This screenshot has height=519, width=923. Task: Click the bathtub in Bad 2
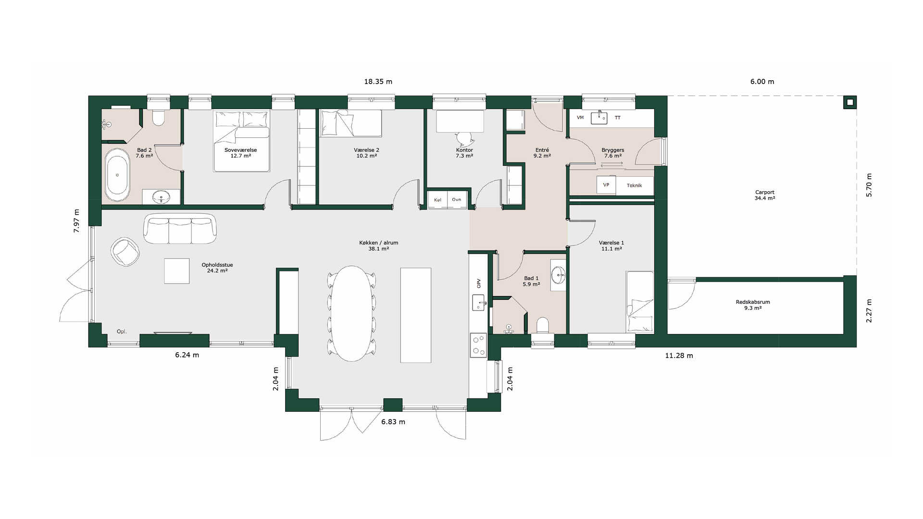(x=117, y=174)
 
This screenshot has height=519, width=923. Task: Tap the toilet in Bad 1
(x=543, y=325)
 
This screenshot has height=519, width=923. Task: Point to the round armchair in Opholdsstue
(x=125, y=251)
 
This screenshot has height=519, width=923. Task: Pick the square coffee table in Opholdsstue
(x=177, y=271)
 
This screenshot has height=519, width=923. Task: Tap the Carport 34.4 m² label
(x=765, y=195)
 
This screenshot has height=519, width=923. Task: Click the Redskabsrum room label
(x=753, y=302)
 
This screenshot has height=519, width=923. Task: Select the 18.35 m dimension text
(x=378, y=82)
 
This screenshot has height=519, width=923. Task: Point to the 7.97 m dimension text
(x=76, y=221)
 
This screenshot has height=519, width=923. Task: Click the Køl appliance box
(x=437, y=199)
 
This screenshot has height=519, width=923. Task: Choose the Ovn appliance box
(x=457, y=199)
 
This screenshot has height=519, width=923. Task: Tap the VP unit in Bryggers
(x=606, y=185)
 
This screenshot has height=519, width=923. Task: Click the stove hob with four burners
(x=478, y=345)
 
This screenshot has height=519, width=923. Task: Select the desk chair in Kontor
(x=465, y=138)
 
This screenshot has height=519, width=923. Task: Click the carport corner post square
(x=850, y=102)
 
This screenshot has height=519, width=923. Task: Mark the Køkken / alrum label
(x=379, y=243)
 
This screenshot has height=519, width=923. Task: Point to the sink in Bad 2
(x=161, y=196)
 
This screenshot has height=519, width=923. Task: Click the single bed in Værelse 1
(x=640, y=302)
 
